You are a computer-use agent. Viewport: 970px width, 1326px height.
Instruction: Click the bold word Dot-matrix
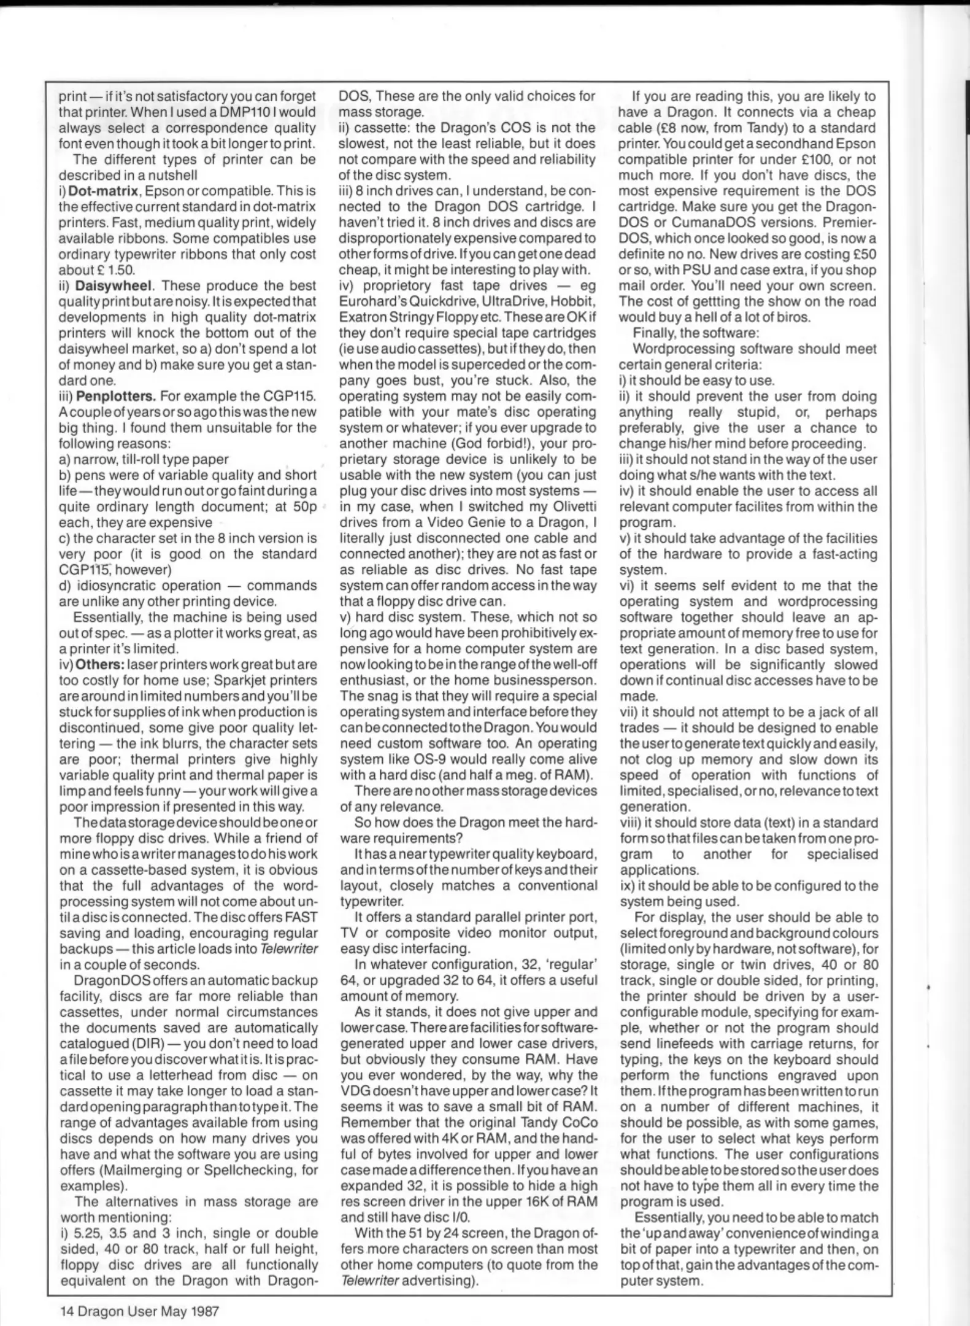click(x=103, y=191)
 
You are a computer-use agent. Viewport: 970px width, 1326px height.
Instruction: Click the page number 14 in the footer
click(x=67, y=1311)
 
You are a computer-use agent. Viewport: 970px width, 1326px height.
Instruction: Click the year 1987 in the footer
click(x=205, y=1311)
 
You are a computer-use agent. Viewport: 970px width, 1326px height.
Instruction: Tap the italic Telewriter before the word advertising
click(x=369, y=1281)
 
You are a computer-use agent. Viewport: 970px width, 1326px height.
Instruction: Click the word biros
click(x=795, y=317)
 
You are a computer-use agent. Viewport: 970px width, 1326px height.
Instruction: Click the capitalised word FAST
click(x=301, y=917)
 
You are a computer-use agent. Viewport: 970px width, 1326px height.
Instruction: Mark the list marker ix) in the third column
click(x=626, y=886)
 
